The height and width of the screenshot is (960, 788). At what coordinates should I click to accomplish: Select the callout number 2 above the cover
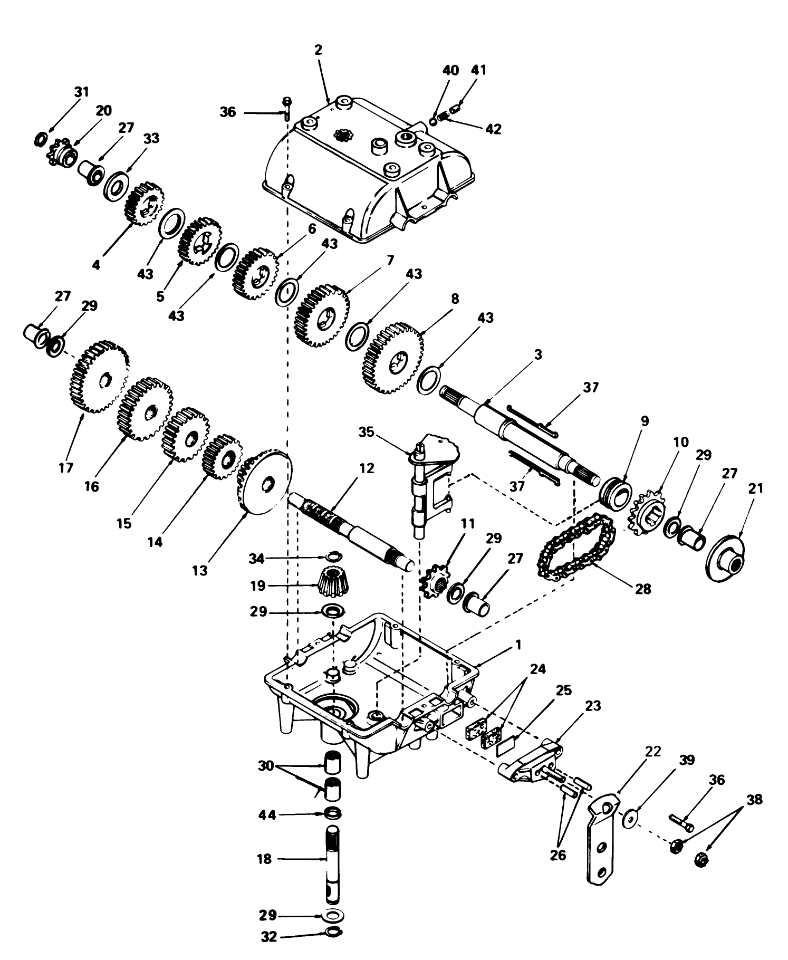coord(318,50)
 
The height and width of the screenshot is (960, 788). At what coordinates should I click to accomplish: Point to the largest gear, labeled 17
coord(99,377)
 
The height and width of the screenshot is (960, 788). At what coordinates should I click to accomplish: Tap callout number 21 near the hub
coord(755,488)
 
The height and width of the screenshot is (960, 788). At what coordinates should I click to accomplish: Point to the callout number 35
coord(366,433)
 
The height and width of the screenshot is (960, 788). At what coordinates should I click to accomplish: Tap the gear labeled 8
coord(392,360)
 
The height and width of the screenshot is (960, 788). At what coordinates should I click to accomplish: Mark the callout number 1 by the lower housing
coord(518,645)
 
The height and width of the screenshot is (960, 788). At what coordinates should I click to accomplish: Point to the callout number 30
coord(266,765)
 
